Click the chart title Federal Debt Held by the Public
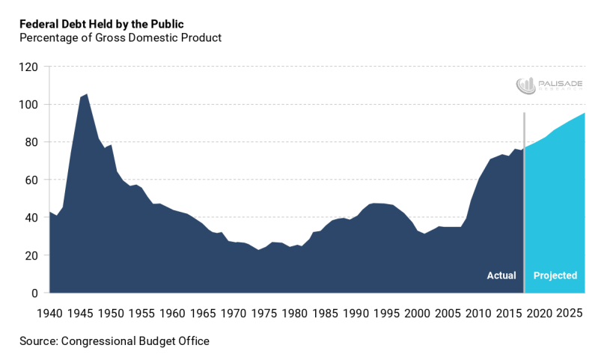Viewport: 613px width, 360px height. [x=101, y=24]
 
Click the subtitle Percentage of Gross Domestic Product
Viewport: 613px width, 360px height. [x=121, y=37]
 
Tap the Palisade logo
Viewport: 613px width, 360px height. [x=549, y=85]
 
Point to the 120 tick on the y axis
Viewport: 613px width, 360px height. [x=28, y=67]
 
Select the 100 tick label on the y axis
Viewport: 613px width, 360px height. [x=28, y=104]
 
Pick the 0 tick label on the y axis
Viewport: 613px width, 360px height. [x=34, y=293]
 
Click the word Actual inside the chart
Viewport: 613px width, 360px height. [x=501, y=275]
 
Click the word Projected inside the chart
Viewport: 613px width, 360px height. [x=555, y=275]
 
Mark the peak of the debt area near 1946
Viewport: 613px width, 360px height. [x=87, y=94]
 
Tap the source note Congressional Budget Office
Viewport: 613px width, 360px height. [x=115, y=341]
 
